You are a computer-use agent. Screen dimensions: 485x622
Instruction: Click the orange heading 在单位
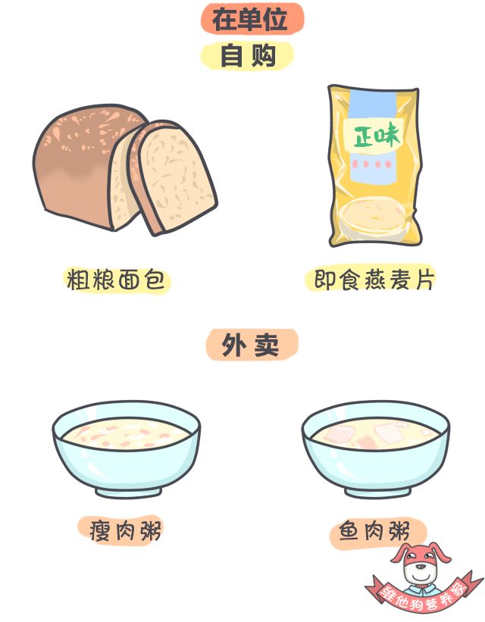point(250,19)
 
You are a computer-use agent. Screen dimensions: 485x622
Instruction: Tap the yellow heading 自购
point(248,55)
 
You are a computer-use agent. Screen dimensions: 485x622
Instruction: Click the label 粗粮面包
point(115,280)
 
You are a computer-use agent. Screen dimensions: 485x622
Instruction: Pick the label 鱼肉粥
point(374,532)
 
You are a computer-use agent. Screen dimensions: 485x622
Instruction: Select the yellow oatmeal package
point(374,166)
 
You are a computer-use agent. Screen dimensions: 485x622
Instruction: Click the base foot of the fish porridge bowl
point(377,492)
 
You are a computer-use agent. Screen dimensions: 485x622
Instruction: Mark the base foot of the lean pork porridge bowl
point(129,492)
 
